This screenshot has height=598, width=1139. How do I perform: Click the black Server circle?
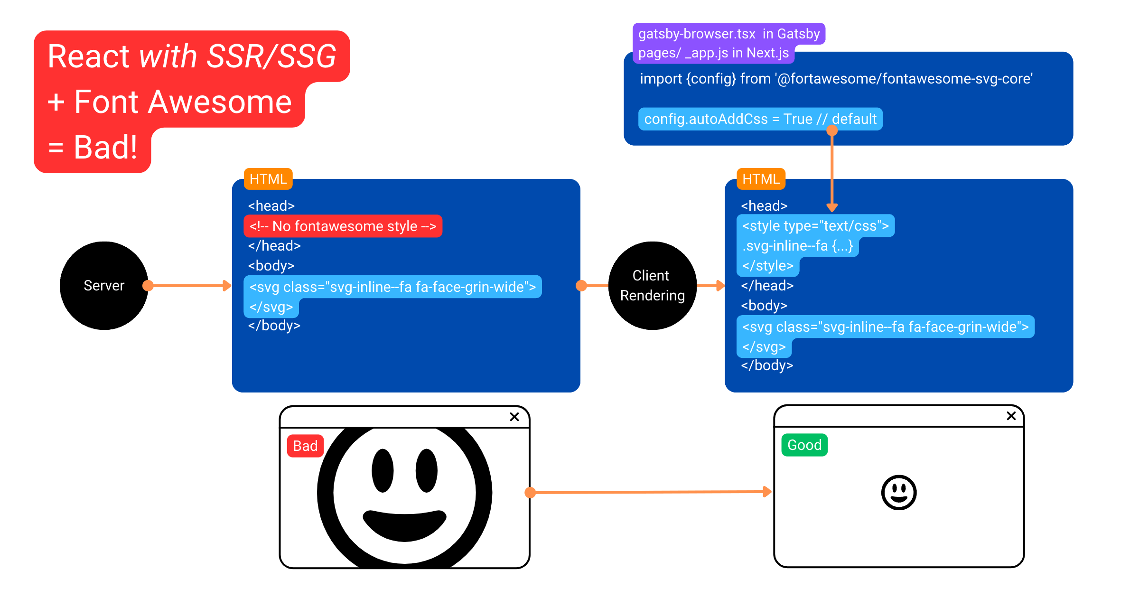tap(104, 286)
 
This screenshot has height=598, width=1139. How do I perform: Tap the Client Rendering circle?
tap(653, 286)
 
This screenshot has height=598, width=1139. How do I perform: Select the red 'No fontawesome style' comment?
tap(343, 226)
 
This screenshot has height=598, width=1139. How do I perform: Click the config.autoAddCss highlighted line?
tap(760, 119)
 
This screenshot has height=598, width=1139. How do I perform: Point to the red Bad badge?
tap(305, 446)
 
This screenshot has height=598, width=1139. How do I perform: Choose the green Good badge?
tap(804, 445)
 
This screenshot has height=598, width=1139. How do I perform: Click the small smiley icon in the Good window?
tap(899, 492)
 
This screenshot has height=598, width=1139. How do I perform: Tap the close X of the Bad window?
tap(514, 417)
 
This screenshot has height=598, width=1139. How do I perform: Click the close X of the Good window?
tap(1011, 416)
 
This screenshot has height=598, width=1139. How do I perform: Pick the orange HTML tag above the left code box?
tap(268, 179)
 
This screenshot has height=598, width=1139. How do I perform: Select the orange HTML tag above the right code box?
tap(761, 179)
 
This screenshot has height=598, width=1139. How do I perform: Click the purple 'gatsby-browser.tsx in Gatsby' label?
tap(729, 34)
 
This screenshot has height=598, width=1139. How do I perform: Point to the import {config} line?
tap(836, 78)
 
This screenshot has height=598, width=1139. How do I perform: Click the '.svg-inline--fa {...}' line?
tap(798, 246)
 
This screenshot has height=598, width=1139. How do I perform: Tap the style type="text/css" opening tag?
tap(815, 225)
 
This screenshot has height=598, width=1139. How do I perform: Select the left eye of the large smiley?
tap(383, 470)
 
